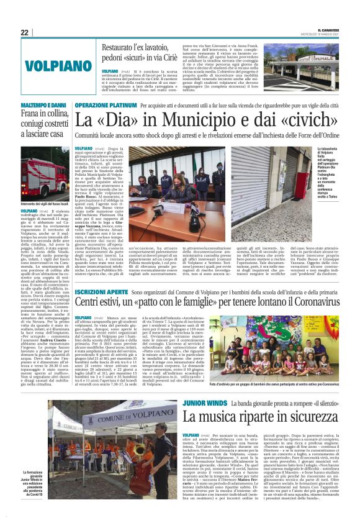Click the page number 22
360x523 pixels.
[24, 32]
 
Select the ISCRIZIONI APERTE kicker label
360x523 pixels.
[100, 290]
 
